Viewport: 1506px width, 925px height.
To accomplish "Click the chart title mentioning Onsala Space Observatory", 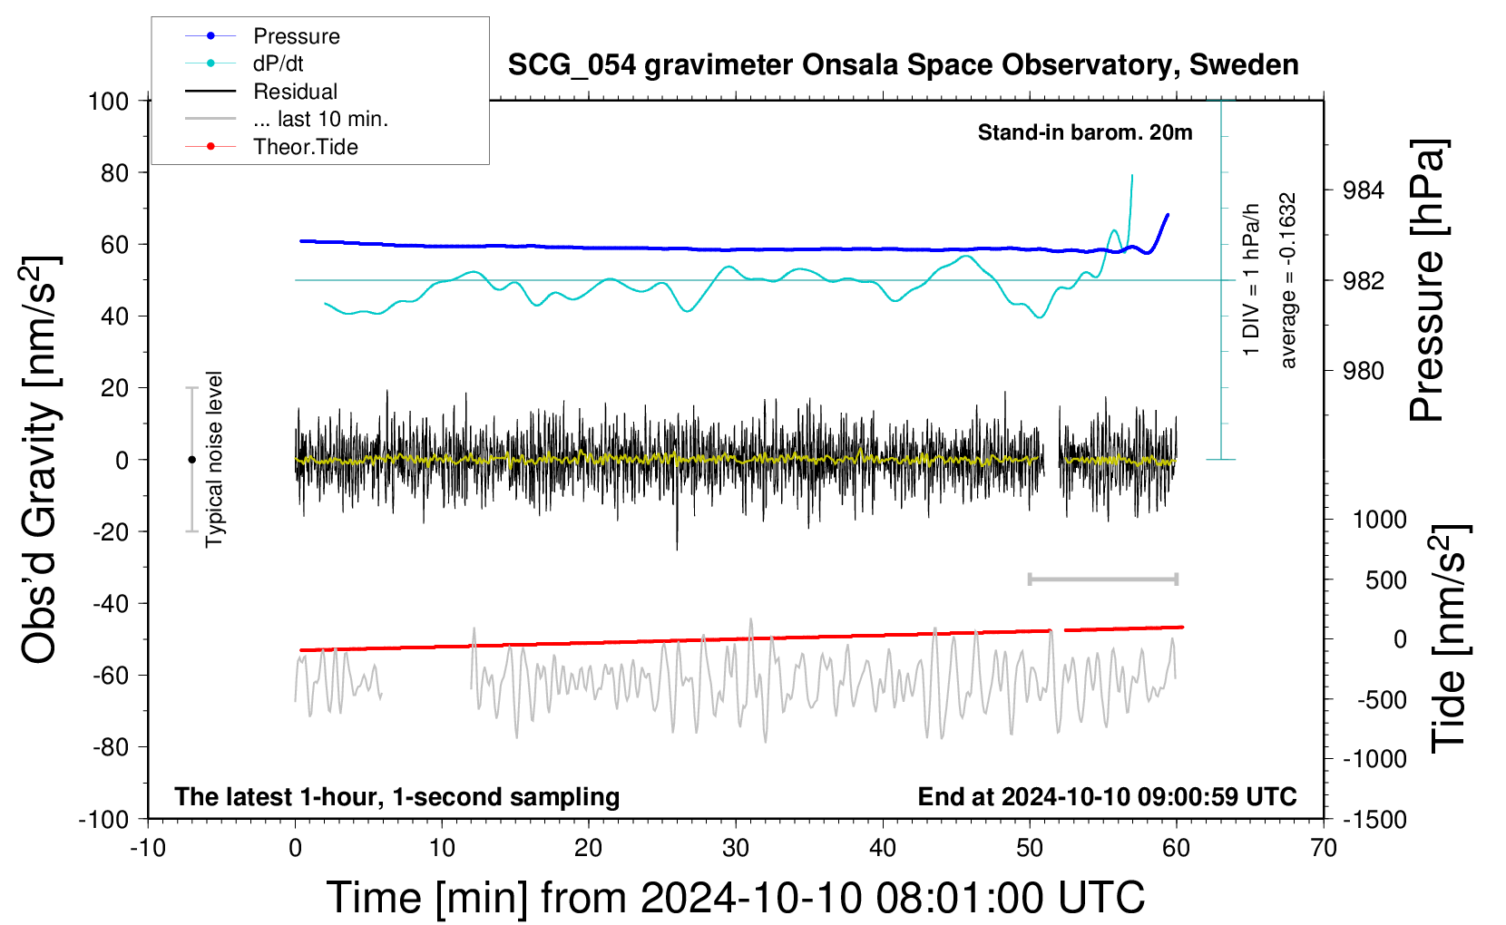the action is (x=903, y=66).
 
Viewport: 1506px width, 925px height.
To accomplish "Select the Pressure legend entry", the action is (x=262, y=35).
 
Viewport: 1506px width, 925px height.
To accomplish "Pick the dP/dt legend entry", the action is (x=244, y=63).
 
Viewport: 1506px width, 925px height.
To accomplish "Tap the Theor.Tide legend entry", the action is (x=271, y=147).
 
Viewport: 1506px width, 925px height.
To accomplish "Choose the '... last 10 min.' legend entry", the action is (x=287, y=119).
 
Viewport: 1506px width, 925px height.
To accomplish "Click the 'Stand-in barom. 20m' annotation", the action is (x=1085, y=132).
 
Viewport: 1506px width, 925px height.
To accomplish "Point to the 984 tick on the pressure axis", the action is (x=1364, y=191).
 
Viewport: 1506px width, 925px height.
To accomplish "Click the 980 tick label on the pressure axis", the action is (x=1364, y=370).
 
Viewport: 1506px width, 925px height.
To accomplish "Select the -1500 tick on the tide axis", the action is (x=1374, y=820).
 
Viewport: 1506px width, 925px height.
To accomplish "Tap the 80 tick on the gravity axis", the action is (x=114, y=173).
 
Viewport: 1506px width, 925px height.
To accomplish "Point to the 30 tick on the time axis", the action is (x=736, y=848).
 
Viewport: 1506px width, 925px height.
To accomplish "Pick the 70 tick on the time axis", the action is (x=1323, y=848).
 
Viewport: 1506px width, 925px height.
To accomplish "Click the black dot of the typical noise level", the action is (x=191, y=460).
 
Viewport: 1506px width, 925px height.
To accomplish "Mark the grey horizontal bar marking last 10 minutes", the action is (x=1102, y=579).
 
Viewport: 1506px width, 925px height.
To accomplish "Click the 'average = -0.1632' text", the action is (x=1286, y=281).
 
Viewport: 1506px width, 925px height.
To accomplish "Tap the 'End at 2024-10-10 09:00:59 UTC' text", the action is (x=1108, y=796).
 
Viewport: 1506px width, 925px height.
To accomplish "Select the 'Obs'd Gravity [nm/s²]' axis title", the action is (x=39, y=460).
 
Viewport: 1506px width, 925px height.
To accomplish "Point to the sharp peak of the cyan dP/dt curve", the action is (x=1132, y=175).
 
